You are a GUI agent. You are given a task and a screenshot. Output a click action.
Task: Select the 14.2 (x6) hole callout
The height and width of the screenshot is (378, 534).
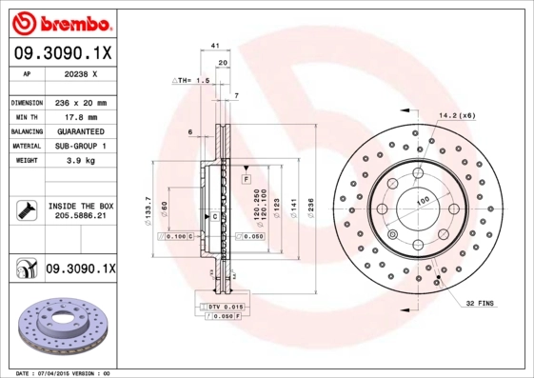coord(457,115)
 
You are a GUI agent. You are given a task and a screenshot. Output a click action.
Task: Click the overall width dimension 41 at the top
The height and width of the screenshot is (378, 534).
coord(216,45)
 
